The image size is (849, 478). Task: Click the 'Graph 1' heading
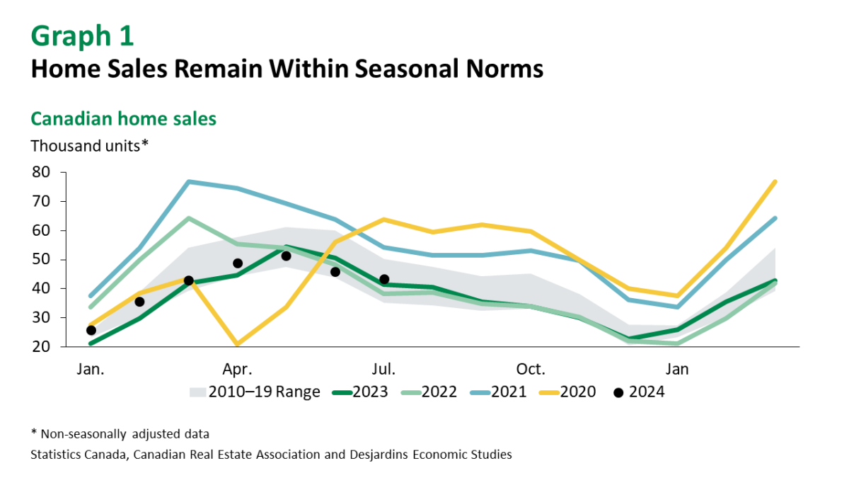click(82, 35)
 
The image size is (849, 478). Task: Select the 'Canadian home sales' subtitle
click(123, 118)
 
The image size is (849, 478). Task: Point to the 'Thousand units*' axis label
click(89, 146)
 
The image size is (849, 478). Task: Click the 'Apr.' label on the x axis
click(238, 369)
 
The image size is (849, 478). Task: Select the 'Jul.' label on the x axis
click(384, 369)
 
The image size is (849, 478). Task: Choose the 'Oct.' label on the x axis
click(531, 369)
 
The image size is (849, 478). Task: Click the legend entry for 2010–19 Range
click(255, 392)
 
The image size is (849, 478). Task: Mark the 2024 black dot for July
click(384, 279)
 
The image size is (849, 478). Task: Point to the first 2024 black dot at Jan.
click(91, 330)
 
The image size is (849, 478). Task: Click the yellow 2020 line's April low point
click(237, 345)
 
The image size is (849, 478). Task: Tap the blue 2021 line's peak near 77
click(189, 182)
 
